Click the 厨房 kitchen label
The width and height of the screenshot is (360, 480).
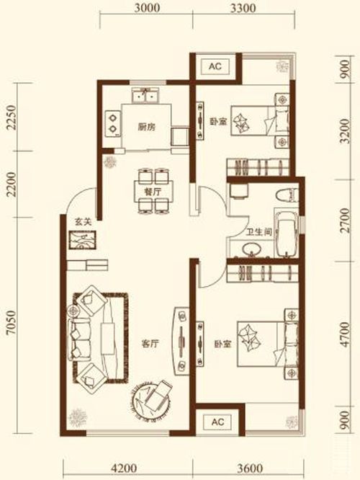coord(146,127)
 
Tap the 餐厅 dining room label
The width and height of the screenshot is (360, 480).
coord(153,192)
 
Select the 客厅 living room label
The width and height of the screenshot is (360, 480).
coord(150,344)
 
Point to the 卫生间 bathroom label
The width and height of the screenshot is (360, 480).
coord(259,232)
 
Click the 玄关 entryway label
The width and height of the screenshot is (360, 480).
coord(84,222)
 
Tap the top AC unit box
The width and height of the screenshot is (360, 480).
coord(215,67)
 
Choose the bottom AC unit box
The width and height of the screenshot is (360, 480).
coord(217,422)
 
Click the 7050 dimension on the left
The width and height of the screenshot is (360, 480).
coord(10,324)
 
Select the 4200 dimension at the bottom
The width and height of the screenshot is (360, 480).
coord(124,468)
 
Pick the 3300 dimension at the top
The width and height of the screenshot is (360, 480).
coord(243,8)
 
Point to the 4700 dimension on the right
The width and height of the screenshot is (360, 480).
coord(345,334)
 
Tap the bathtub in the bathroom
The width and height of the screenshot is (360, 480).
coord(287,234)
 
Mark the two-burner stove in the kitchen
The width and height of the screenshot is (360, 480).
coord(112,123)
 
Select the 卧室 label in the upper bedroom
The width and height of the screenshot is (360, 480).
coord(217,122)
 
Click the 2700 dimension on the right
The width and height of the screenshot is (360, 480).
coord(345,221)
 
